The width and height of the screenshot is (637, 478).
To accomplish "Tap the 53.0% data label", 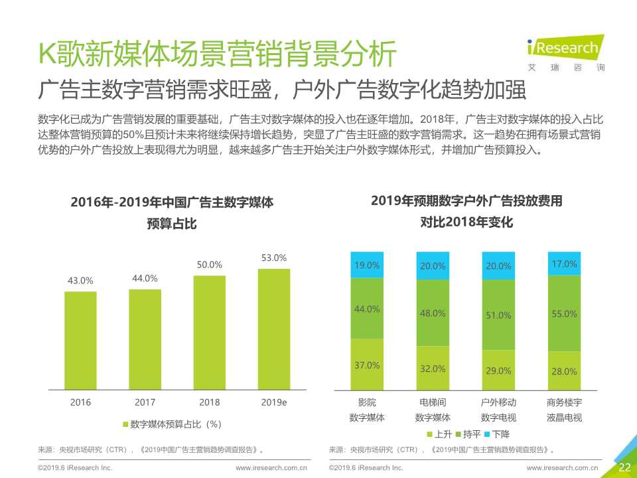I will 273,258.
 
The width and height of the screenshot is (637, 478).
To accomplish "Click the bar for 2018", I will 210,332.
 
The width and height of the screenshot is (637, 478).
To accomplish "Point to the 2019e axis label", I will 273,402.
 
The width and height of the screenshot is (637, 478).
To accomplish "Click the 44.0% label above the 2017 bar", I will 145,278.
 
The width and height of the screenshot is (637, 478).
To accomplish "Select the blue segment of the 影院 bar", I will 367,265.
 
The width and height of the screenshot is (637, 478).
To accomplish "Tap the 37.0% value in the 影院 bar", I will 367,365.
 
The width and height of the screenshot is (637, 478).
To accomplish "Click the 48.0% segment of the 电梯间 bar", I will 433,313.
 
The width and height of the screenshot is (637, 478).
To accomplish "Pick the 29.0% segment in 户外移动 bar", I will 498,370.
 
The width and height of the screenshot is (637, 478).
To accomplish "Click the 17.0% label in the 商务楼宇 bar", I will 564,264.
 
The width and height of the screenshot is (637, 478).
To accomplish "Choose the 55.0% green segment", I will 564,313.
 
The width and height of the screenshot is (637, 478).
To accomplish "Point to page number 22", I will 624,467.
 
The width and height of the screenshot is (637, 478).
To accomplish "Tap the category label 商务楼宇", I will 564,402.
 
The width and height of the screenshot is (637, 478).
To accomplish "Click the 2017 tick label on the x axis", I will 145,402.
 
